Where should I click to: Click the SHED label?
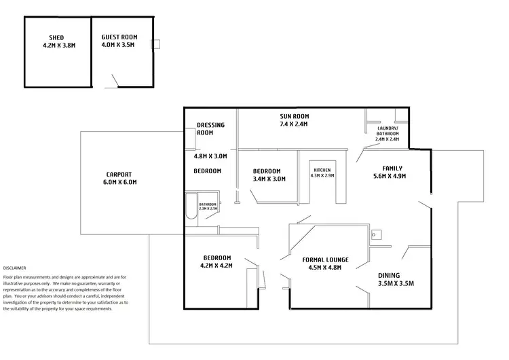point(57,38)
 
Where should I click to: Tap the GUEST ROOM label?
point(118,38)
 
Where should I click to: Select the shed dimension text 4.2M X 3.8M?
point(57,47)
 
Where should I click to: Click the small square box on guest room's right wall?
point(155,44)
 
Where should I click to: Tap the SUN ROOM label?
point(294,115)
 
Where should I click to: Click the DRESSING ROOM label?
point(210,129)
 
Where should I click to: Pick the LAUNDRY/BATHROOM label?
point(388,130)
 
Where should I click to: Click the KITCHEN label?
point(322,170)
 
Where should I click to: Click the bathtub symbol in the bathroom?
point(191,206)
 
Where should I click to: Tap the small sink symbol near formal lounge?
point(378,235)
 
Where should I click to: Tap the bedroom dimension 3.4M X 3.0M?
point(269,179)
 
